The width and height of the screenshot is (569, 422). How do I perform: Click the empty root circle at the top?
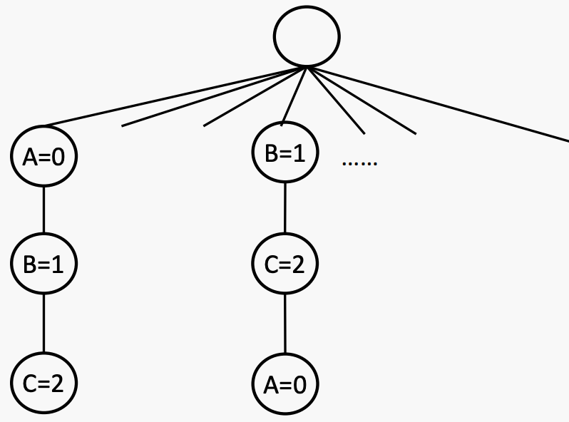[307, 36]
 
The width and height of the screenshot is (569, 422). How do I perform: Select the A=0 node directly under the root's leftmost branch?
[43, 157]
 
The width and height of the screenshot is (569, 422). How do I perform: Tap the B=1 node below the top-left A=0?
[43, 264]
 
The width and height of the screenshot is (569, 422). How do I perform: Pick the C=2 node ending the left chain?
[43, 384]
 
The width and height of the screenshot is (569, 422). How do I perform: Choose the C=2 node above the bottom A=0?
[285, 264]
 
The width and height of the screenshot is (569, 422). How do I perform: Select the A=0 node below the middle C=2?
[285, 385]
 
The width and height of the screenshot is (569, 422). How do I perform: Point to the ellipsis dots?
[359, 164]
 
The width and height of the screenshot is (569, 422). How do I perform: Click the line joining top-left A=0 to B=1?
[43, 210]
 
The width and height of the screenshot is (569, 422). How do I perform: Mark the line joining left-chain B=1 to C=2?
[43, 324]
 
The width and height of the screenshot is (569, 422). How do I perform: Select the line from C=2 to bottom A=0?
[285, 325]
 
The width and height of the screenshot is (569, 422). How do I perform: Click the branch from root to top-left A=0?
[171, 98]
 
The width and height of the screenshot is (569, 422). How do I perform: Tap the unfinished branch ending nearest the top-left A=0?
[214, 98]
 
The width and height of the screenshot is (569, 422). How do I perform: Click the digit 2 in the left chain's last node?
[57, 384]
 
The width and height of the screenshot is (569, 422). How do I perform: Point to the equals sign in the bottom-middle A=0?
[285, 386]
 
